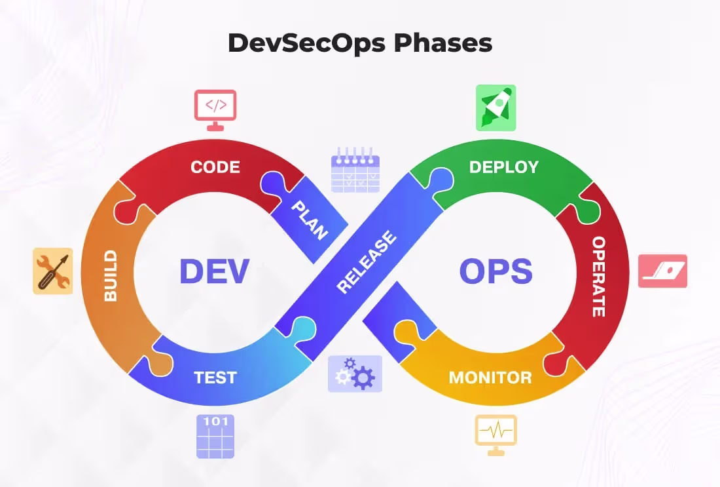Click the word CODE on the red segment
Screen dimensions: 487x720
215,167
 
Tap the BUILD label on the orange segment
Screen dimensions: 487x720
111,275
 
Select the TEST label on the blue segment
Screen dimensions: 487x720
215,378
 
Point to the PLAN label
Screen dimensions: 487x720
310,220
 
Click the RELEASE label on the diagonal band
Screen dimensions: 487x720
367,262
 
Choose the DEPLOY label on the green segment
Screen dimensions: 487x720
503,167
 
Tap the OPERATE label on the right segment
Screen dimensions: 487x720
598,277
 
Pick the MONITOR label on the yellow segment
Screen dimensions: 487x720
490,378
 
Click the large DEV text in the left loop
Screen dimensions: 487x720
214,271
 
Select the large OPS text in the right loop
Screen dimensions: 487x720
495,271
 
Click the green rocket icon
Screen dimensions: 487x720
495,107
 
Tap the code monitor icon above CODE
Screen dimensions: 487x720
215,107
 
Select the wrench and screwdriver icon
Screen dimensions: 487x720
53,271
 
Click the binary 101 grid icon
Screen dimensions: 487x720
215,436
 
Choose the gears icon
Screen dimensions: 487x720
355,374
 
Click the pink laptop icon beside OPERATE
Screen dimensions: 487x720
662,271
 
